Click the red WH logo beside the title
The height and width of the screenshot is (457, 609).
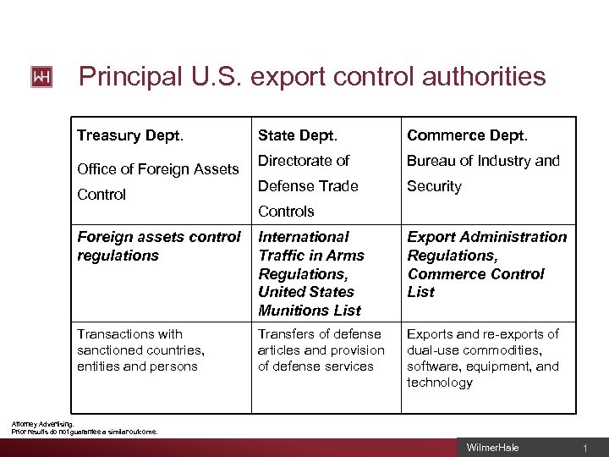[x=41, y=77]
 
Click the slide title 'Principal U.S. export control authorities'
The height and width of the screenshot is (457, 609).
[x=312, y=77]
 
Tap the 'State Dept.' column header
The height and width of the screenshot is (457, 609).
[x=297, y=135]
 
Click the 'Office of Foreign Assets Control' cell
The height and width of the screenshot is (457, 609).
[x=157, y=181]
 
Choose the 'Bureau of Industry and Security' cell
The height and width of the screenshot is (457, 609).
[x=483, y=173]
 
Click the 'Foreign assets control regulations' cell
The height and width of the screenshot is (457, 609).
[x=158, y=245]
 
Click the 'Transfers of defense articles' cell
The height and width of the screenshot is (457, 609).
[x=321, y=350]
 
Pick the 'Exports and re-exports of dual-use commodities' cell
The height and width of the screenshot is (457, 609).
[x=483, y=358]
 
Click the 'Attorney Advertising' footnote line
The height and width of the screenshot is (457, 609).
[x=42, y=424]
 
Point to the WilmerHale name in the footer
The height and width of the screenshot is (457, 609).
[x=492, y=448]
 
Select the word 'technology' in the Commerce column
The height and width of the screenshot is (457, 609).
[x=440, y=383]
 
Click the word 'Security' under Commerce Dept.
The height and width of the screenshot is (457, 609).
[x=434, y=186]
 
